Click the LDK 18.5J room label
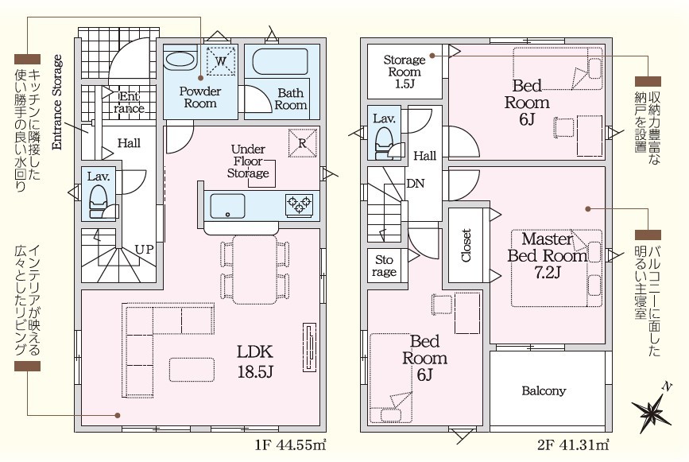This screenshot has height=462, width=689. [x=255, y=361]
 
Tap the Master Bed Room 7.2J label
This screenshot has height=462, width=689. [x=548, y=255]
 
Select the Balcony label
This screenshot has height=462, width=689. [x=544, y=390]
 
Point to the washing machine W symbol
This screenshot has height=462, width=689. [x=221, y=61]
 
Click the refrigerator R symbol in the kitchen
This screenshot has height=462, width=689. [x=303, y=142]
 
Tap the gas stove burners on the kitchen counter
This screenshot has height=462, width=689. [x=300, y=205]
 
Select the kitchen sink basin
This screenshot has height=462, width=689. [x=227, y=206]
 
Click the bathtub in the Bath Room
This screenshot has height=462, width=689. [x=280, y=61]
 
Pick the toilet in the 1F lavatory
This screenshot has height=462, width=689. [x=98, y=201]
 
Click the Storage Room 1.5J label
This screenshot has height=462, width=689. [x=404, y=72]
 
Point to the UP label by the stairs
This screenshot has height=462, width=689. [x=144, y=250]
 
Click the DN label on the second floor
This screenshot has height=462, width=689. [x=416, y=184]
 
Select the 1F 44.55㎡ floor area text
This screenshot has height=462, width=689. [x=290, y=445]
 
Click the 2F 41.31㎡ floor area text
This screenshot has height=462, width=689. [x=573, y=445]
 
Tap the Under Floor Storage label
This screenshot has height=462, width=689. [x=248, y=161]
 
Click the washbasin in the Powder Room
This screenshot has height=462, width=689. [x=180, y=60]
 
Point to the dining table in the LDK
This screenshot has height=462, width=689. [x=255, y=270]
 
